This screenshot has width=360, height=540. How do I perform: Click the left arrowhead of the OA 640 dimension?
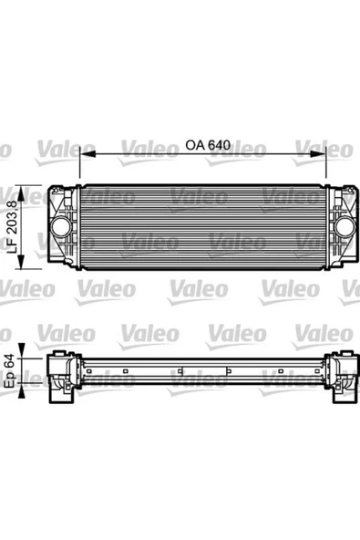pos(84,153)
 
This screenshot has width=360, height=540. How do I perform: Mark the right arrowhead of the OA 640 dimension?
pos(325,153)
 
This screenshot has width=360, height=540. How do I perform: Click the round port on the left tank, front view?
pos(60,226)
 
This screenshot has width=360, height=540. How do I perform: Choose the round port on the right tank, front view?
pos(346,226)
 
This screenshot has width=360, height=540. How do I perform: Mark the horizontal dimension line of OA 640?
pos(137,153)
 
